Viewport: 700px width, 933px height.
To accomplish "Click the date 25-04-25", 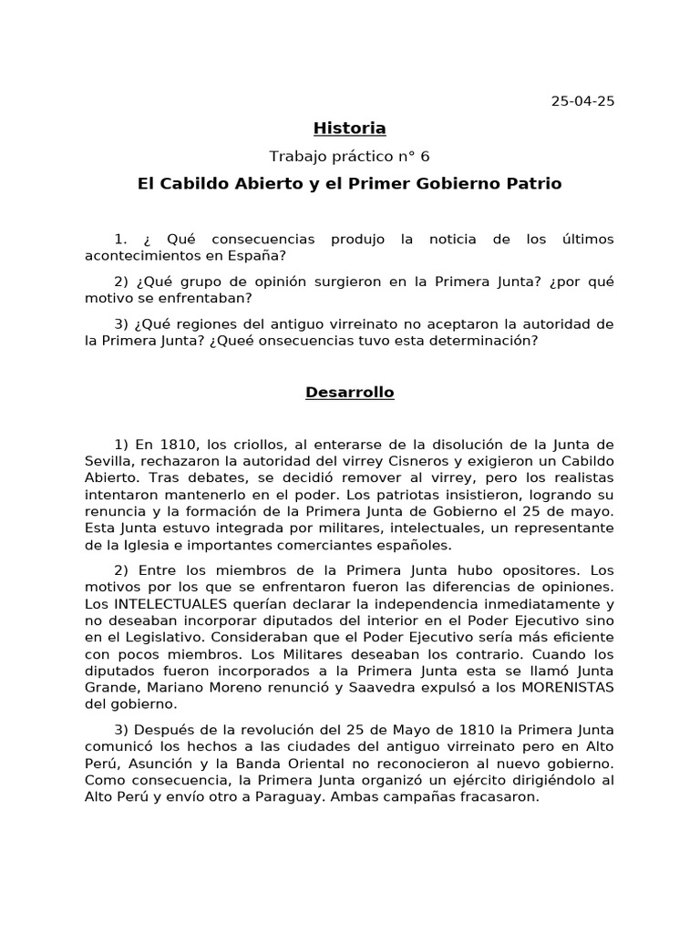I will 582,100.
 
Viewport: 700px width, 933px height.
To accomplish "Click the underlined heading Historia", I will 350,128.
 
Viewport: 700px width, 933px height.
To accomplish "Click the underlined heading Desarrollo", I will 350,393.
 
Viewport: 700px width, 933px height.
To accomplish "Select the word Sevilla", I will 108,460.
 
